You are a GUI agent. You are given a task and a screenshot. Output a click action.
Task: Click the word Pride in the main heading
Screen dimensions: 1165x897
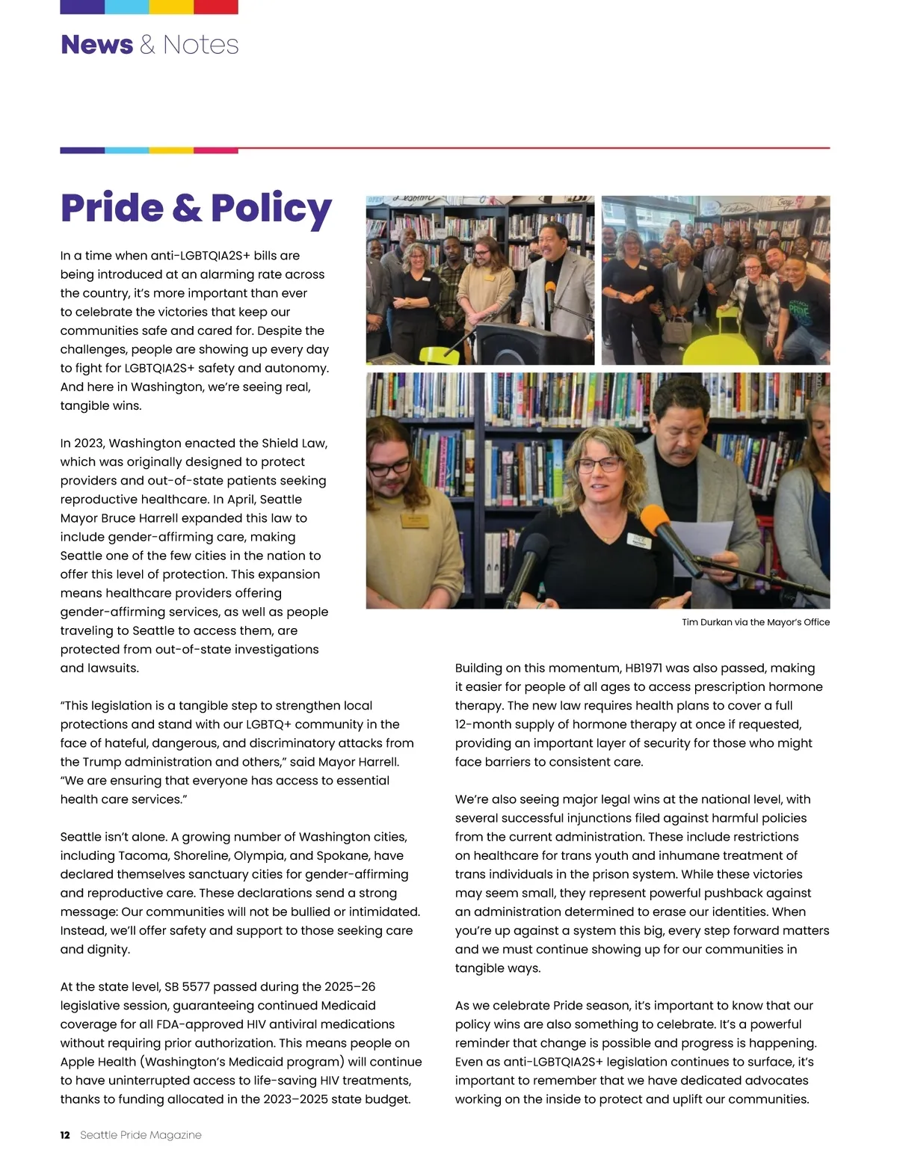(x=111, y=208)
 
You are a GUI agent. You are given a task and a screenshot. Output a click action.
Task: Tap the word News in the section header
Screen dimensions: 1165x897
(x=96, y=45)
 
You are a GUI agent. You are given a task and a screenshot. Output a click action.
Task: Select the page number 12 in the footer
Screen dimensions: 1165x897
(x=65, y=1135)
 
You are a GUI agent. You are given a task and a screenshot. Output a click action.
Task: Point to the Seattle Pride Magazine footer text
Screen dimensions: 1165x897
(x=141, y=1135)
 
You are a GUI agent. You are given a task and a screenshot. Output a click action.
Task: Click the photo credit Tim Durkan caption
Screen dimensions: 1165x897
(x=755, y=622)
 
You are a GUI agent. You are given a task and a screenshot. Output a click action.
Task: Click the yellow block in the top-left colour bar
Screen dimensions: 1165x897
(x=171, y=7)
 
